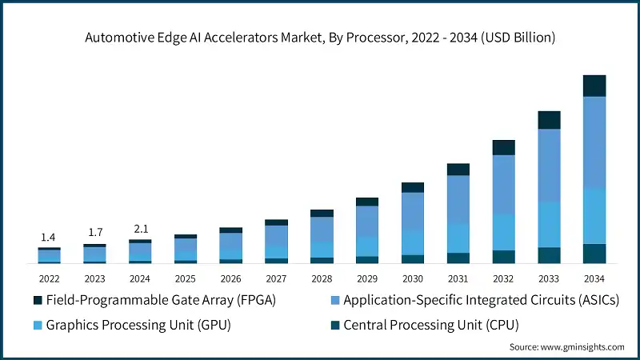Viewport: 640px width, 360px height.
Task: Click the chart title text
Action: coord(320,38)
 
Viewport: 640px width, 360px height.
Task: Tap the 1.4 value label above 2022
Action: coord(49,238)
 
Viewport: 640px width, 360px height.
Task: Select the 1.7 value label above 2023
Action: coord(94,233)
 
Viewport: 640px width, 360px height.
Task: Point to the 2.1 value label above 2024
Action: coord(140,229)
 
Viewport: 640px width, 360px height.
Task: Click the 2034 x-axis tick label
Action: coord(594,278)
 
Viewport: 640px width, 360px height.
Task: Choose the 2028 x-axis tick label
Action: coord(322,278)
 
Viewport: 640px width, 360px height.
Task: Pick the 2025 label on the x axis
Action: coord(186,278)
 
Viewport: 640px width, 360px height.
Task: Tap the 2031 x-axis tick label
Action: coord(458,278)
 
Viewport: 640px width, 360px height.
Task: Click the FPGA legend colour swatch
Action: coord(37,300)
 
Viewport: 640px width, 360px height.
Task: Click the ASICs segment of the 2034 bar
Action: coord(594,142)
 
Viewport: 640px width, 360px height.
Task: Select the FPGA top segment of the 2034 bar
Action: coord(594,86)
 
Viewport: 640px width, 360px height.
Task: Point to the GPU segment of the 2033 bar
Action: coord(549,225)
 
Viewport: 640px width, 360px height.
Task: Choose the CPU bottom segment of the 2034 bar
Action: coord(594,254)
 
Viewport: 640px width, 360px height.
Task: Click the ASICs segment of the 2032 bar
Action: coord(503,185)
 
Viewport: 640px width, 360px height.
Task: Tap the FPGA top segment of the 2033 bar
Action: coord(549,120)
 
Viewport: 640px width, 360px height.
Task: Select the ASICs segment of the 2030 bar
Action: coord(413,212)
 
